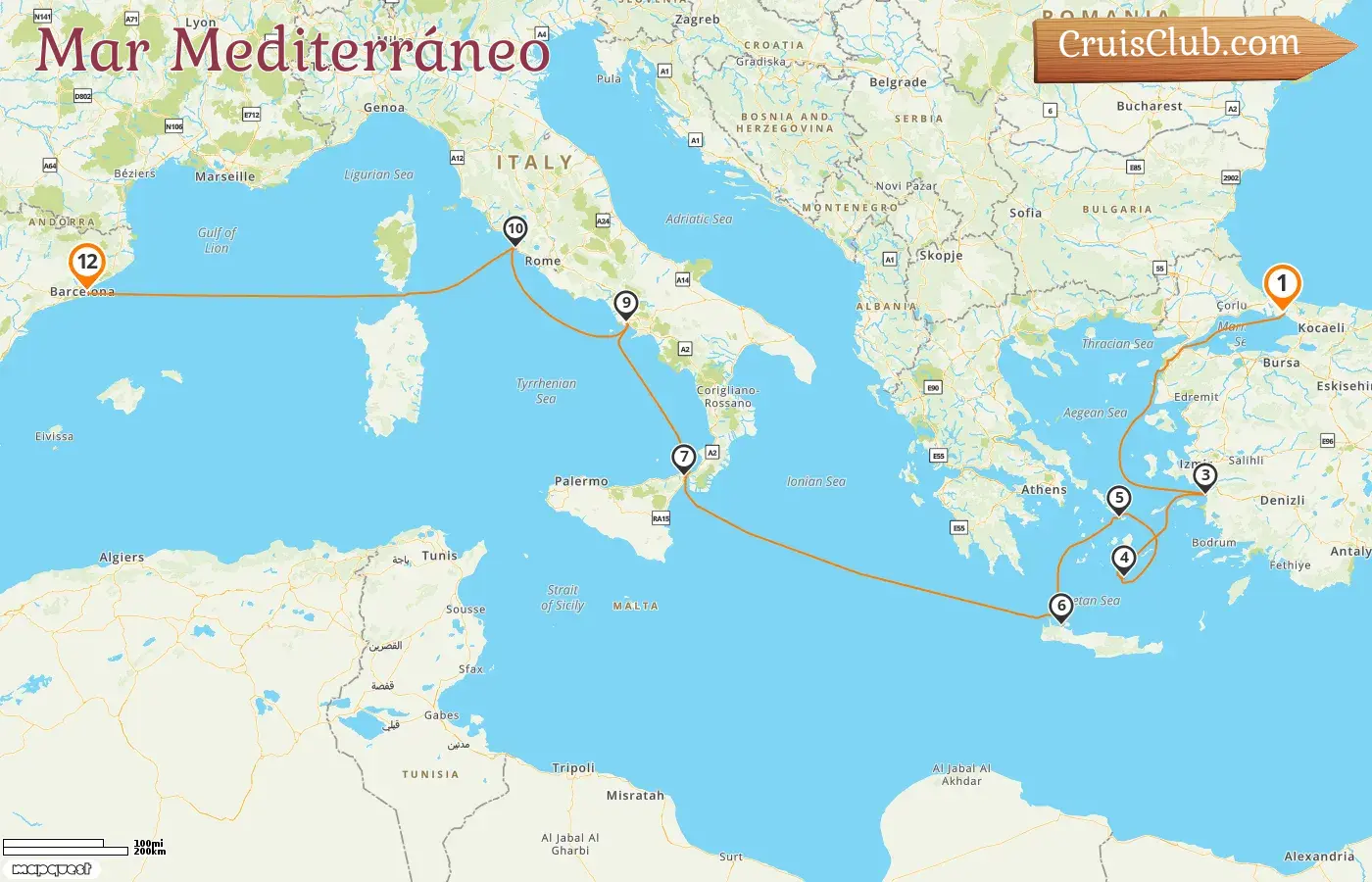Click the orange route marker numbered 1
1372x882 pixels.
click(x=1281, y=285)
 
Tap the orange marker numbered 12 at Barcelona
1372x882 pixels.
click(x=87, y=263)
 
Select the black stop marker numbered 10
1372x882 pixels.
click(x=514, y=229)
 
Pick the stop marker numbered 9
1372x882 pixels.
click(x=625, y=303)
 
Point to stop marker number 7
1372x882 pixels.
click(x=683, y=457)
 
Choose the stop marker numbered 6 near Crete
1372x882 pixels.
click(x=1060, y=606)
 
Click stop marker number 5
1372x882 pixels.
click(x=1118, y=498)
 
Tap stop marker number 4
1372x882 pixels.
click(x=1123, y=558)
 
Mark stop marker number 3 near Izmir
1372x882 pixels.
click(x=1204, y=476)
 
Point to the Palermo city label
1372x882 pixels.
click(x=581, y=481)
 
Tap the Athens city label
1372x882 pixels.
click(x=1044, y=490)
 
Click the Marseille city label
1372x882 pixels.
click(x=224, y=177)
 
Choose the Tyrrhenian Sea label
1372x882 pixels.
click(x=546, y=391)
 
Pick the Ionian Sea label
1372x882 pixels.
click(x=815, y=481)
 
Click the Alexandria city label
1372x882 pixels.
click(x=1319, y=857)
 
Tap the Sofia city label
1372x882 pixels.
click(x=1025, y=213)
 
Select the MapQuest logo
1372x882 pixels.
click(x=52, y=868)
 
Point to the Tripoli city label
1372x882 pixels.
click(x=573, y=768)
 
